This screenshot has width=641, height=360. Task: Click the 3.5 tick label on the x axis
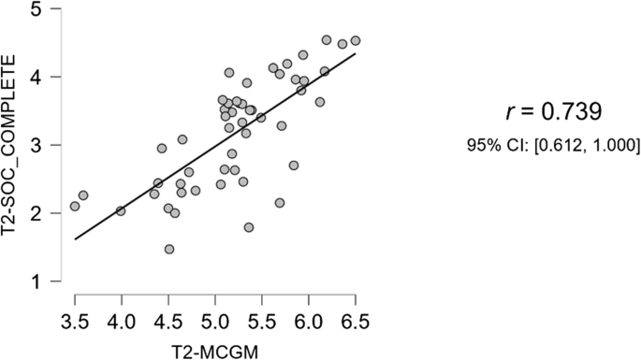(x=75, y=323)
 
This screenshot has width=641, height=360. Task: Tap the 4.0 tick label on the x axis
(x=122, y=323)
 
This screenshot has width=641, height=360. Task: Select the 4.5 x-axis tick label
(x=168, y=323)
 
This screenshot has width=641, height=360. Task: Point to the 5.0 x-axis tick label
(x=215, y=323)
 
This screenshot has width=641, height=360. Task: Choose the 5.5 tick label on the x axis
(x=262, y=323)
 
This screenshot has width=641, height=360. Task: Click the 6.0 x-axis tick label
(x=309, y=323)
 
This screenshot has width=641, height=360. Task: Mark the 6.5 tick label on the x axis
(x=356, y=323)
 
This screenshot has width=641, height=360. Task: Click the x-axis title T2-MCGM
(x=214, y=349)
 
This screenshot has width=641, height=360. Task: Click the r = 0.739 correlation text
(x=552, y=112)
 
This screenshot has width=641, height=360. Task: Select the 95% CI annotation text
(x=552, y=145)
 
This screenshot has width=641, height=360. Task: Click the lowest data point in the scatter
(x=169, y=250)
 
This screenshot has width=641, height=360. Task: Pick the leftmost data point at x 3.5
(x=75, y=207)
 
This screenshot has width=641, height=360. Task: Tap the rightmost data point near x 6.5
(x=356, y=41)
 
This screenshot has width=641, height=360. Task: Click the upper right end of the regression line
(x=355, y=53)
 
